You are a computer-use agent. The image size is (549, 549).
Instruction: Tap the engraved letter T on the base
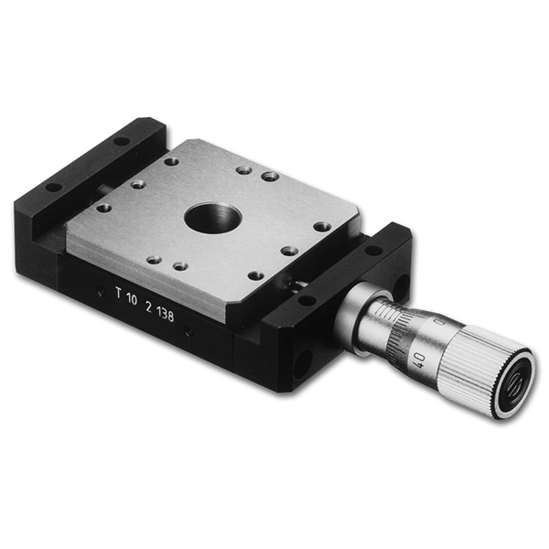point(119,293)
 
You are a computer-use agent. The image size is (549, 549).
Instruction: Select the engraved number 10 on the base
point(132,299)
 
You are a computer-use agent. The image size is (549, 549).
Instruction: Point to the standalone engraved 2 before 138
point(149,307)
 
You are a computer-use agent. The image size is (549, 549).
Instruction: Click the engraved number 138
point(166,315)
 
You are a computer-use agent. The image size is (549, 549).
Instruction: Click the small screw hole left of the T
point(102,291)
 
